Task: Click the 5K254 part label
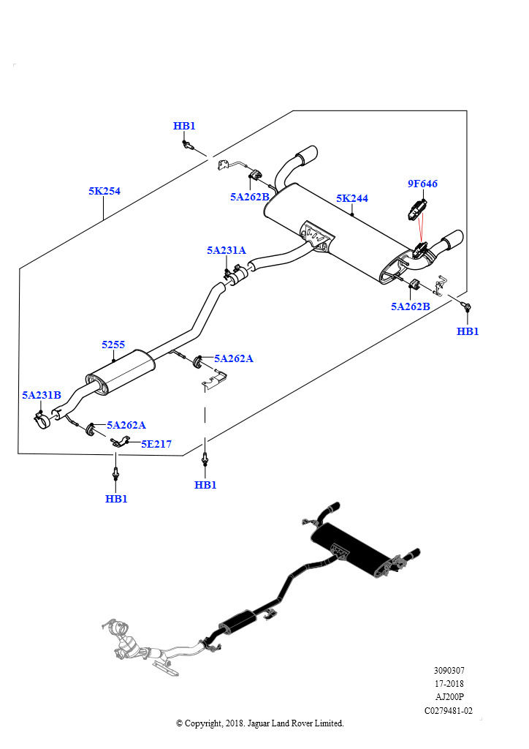pos(104,191)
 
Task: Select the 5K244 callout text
pos(352,198)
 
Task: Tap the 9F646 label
pos(422,184)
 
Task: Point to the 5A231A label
pos(226,250)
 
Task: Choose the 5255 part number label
pos(113,344)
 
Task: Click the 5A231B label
pos(41,395)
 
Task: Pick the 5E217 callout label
pos(156,443)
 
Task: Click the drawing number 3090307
pos(449,670)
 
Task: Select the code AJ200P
pos(449,696)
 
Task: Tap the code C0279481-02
pos(449,710)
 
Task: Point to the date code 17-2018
pos(449,683)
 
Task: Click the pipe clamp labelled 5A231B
pos(43,420)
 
